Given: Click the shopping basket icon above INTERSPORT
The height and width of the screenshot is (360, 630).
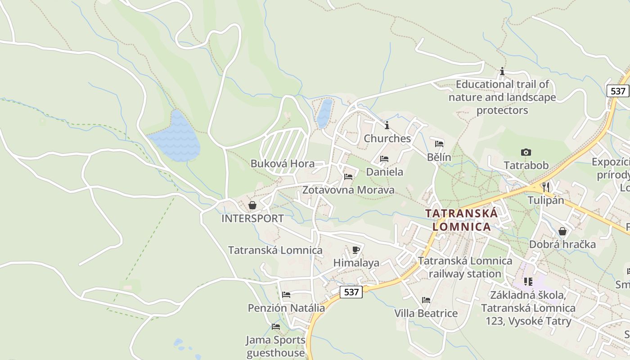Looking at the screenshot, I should (252, 206).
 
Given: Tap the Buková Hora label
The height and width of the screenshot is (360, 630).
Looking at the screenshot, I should (283, 164).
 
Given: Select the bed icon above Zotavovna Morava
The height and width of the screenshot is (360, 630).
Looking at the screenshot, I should (348, 177).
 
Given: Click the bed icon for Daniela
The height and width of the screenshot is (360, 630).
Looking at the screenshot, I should (384, 159).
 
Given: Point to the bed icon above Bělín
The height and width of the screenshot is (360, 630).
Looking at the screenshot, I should (439, 144).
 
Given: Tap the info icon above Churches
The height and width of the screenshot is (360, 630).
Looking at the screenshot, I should (387, 125).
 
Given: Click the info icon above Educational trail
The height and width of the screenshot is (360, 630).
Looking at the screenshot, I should (502, 71).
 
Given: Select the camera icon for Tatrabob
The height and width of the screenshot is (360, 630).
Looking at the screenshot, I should (526, 153).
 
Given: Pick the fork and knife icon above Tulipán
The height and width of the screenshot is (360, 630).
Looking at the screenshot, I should (545, 187).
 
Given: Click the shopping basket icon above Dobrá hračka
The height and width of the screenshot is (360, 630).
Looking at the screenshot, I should (562, 231).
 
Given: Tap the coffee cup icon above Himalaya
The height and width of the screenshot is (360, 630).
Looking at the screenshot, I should (356, 250).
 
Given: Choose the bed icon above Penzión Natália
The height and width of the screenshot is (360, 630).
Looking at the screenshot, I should (286, 295).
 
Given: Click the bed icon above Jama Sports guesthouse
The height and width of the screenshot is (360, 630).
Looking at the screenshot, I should (276, 327).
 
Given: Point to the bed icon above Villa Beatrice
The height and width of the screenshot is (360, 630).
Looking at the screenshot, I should (426, 300).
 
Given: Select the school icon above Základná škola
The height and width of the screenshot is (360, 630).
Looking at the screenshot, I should (528, 282).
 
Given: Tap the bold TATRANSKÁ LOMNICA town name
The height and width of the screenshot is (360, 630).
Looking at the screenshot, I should (462, 220).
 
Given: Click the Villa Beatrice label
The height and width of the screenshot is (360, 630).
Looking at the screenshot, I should (426, 313).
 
